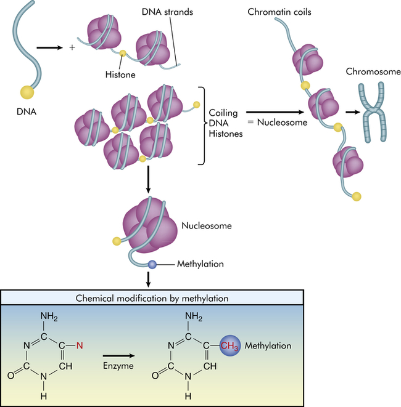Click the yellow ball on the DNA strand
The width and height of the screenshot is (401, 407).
(27, 92)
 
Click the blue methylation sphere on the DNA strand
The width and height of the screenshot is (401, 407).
(152, 264)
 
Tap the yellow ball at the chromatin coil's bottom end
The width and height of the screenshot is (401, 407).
(356, 196)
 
